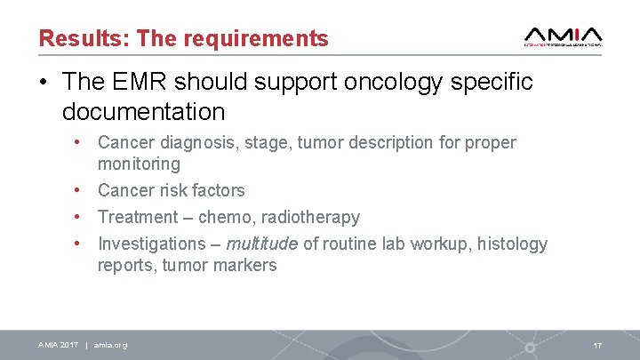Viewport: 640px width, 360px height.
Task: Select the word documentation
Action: [144, 112]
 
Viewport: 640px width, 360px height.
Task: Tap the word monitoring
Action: [139, 164]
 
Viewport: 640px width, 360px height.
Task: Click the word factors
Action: [218, 190]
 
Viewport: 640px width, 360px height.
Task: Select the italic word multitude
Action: [262, 244]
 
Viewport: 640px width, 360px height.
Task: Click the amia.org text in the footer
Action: [110, 345]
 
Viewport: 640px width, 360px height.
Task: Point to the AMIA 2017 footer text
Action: [58, 345]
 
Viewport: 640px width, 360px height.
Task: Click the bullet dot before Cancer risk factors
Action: [78, 190]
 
